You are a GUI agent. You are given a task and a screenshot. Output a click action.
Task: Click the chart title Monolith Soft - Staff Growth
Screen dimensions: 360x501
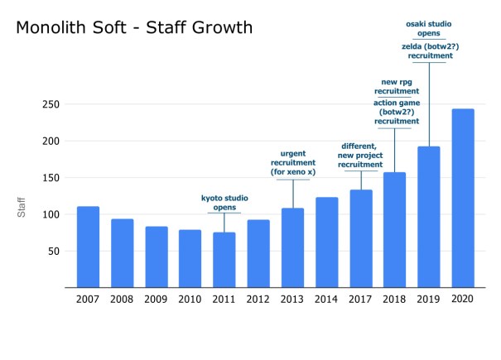coord(134,29)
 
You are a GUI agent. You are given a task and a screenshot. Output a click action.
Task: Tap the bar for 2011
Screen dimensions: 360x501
coord(224,260)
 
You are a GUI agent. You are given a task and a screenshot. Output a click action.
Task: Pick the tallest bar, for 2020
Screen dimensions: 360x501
coord(463,199)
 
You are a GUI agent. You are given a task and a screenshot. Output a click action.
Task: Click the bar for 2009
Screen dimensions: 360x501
coord(156,257)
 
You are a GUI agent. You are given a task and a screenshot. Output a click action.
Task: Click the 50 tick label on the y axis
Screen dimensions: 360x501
coord(52,251)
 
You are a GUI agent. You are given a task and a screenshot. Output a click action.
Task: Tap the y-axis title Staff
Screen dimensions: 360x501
coord(22,207)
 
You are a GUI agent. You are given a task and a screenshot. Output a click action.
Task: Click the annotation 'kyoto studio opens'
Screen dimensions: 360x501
coord(224,204)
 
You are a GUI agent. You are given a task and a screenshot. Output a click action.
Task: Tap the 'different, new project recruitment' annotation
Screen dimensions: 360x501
coord(360,156)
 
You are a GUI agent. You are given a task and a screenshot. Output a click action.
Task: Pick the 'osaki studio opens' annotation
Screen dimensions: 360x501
coord(428,27)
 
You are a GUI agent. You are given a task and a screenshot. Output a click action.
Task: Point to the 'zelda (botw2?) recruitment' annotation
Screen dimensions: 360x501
coord(428,51)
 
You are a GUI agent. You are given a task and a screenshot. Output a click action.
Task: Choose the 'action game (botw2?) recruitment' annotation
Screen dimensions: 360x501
coord(394,112)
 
